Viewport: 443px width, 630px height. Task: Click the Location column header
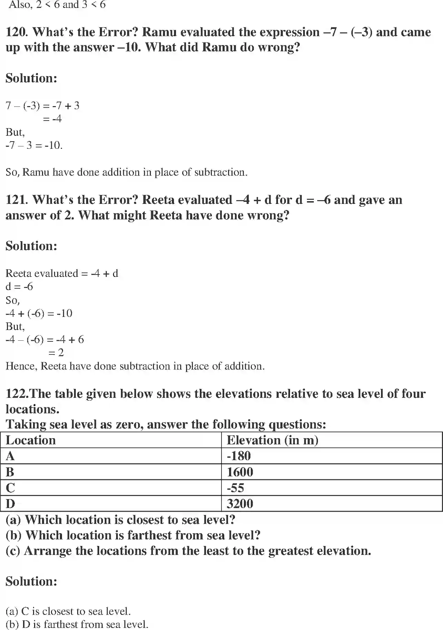click(x=31, y=440)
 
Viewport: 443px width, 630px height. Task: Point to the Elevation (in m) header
click(x=272, y=440)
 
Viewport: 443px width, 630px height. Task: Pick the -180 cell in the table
click(x=239, y=456)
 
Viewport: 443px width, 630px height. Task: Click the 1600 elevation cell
click(x=240, y=472)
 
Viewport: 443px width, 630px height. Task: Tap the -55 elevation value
click(x=236, y=488)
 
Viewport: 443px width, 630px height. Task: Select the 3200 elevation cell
click(x=240, y=504)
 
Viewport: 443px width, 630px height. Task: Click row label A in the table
click(x=10, y=456)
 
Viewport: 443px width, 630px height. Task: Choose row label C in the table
click(x=10, y=488)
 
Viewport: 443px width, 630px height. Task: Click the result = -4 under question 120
click(x=52, y=119)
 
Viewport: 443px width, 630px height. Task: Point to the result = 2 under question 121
click(x=56, y=353)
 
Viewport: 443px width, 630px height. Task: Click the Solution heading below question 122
click(x=31, y=581)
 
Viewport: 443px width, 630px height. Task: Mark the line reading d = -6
click(x=19, y=287)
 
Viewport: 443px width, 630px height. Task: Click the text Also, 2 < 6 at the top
click(x=34, y=5)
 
